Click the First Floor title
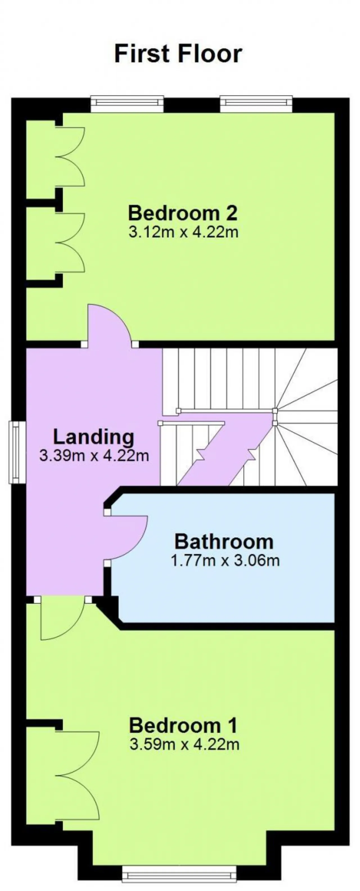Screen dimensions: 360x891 (x=178, y=54)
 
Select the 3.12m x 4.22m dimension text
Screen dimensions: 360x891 (x=184, y=232)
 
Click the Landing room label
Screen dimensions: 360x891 (x=93, y=437)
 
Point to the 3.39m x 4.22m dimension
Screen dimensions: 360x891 (x=94, y=455)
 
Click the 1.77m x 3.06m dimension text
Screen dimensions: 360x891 (x=225, y=560)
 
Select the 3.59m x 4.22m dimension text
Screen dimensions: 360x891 (x=184, y=744)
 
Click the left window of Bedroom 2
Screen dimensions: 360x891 (x=127, y=103)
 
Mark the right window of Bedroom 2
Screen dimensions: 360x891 (x=256, y=103)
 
